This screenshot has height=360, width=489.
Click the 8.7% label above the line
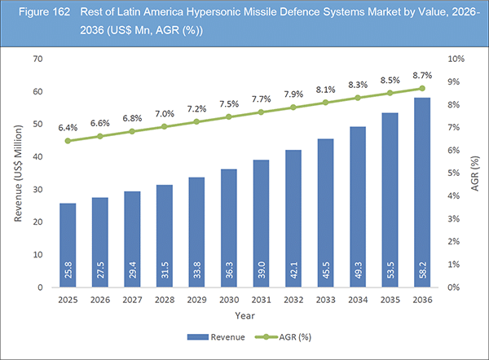click(x=421, y=74)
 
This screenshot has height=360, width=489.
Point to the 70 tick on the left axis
click(x=37, y=59)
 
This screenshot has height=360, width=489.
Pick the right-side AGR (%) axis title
click(x=475, y=173)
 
